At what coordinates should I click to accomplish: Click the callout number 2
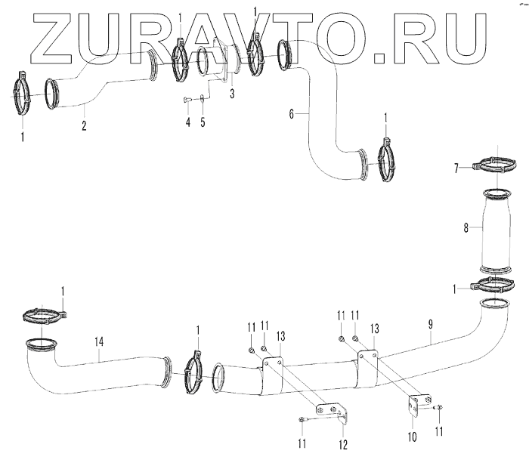[x=84, y=126]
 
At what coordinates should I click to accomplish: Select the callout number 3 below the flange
[x=232, y=94]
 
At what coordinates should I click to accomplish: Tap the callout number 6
[x=291, y=114]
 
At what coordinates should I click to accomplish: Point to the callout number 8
[x=466, y=226]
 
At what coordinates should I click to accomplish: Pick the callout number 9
[x=431, y=324]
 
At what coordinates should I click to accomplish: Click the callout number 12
[x=344, y=444]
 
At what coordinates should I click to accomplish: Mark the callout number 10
[x=413, y=434]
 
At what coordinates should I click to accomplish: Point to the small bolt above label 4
[x=187, y=99]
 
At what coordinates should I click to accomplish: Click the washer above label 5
[x=202, y=99]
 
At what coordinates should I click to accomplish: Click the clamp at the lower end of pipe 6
[x=386, y=161]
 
